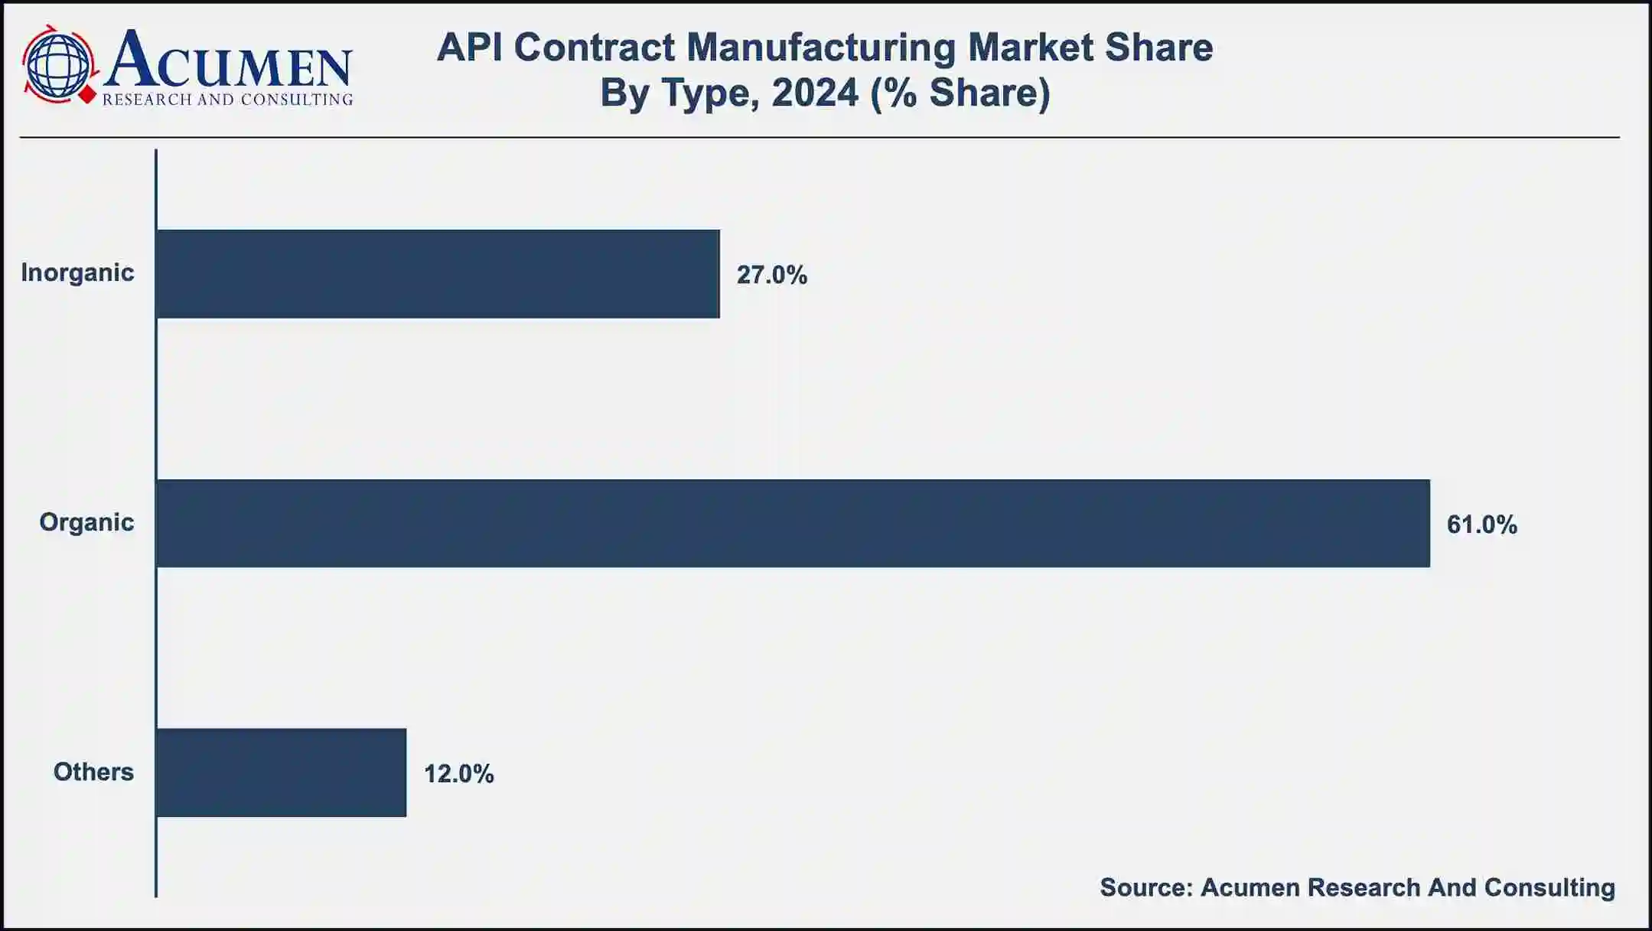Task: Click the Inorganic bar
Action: point(437,273)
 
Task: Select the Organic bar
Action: point(792,524)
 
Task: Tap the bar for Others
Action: point(281,773)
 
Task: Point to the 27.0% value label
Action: point(771,275)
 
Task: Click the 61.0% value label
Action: point(1481,524)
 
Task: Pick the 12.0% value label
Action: point(458,774)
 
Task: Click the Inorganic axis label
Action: point(77,273)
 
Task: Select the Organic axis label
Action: point(86,522)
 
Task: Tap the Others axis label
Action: point(93,772)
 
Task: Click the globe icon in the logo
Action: point(57,64)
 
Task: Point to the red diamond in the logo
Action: point(89,95)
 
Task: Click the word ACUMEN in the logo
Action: point(228,60)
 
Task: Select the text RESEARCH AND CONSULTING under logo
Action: point(227,100)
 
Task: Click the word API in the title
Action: point(468,47)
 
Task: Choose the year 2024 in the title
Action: point(815,93)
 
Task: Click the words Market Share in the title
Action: point(1090,47)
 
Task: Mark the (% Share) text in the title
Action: point(960,93)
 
